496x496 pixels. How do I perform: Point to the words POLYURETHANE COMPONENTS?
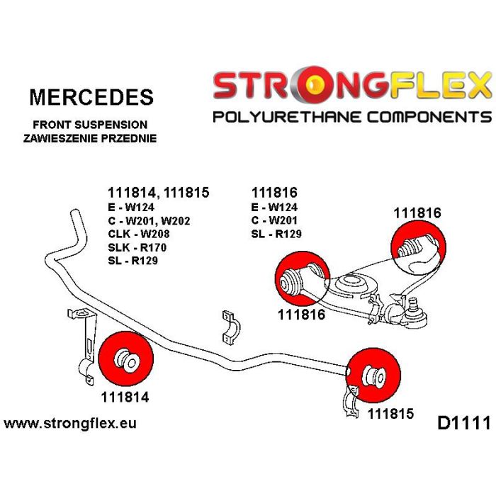pyautogui.click(x=351, y=117)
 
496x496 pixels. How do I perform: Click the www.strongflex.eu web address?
pyautogui.click(x=70, y=424)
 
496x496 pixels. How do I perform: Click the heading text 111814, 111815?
pyautogui.click(x=158, y=193)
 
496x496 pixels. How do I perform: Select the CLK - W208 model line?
pyautogui.click(x=140, y=234)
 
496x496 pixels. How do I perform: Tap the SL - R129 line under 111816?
pyautogui.click(x=276, y=234)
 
